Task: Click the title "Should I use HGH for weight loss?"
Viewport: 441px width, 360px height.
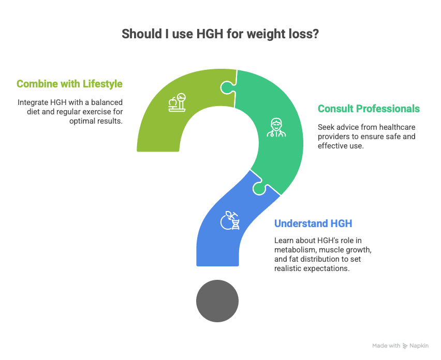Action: click(x=220, y=34)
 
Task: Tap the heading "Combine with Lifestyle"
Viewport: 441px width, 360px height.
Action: click(x=69, y=84)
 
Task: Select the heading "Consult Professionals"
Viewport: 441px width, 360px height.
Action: click(x=369, y=109)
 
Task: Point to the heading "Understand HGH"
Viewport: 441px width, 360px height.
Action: click(x=313, y=223)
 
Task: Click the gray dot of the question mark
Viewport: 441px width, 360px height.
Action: click(x=217, y=301)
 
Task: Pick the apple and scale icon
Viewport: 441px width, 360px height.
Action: click(x=177, y=102)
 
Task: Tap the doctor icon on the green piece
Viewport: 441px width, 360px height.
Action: click(x=276, y=128)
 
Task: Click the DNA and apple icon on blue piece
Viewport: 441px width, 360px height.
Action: click(x=230, y=221)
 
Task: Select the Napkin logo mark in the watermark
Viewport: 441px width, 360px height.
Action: click(x=405, y=346)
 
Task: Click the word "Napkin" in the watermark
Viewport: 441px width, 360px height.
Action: click(x=419, y=346)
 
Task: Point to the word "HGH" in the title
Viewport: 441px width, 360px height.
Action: click(x=210, y=34)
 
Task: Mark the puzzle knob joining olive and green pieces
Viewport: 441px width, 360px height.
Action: click(x=227, y=88)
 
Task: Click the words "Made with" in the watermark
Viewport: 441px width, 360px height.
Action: click(x=386, y=346)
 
